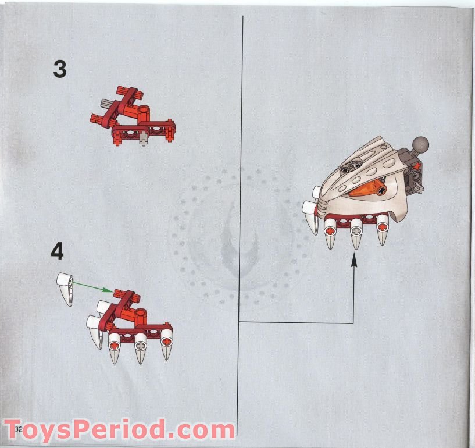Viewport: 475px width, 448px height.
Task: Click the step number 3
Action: tap(60, 69)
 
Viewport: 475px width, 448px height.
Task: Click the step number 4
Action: tap(57, 253)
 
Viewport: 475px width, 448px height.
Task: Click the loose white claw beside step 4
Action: tap(66, 288)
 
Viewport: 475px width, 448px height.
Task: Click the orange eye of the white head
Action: tap(368, 191)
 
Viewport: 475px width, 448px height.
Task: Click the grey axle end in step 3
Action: tap(105, 105)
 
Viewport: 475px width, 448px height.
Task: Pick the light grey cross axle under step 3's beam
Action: tap(143, 140)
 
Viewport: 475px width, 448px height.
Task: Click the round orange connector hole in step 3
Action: tap(145, 109)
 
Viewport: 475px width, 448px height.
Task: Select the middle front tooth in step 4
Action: tap(140, 349)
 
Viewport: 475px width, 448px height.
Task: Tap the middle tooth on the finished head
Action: tap(356, 234)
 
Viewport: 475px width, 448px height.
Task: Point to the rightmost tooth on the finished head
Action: tap(382, 230)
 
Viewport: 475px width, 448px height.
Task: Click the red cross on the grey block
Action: tap(418, 166)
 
